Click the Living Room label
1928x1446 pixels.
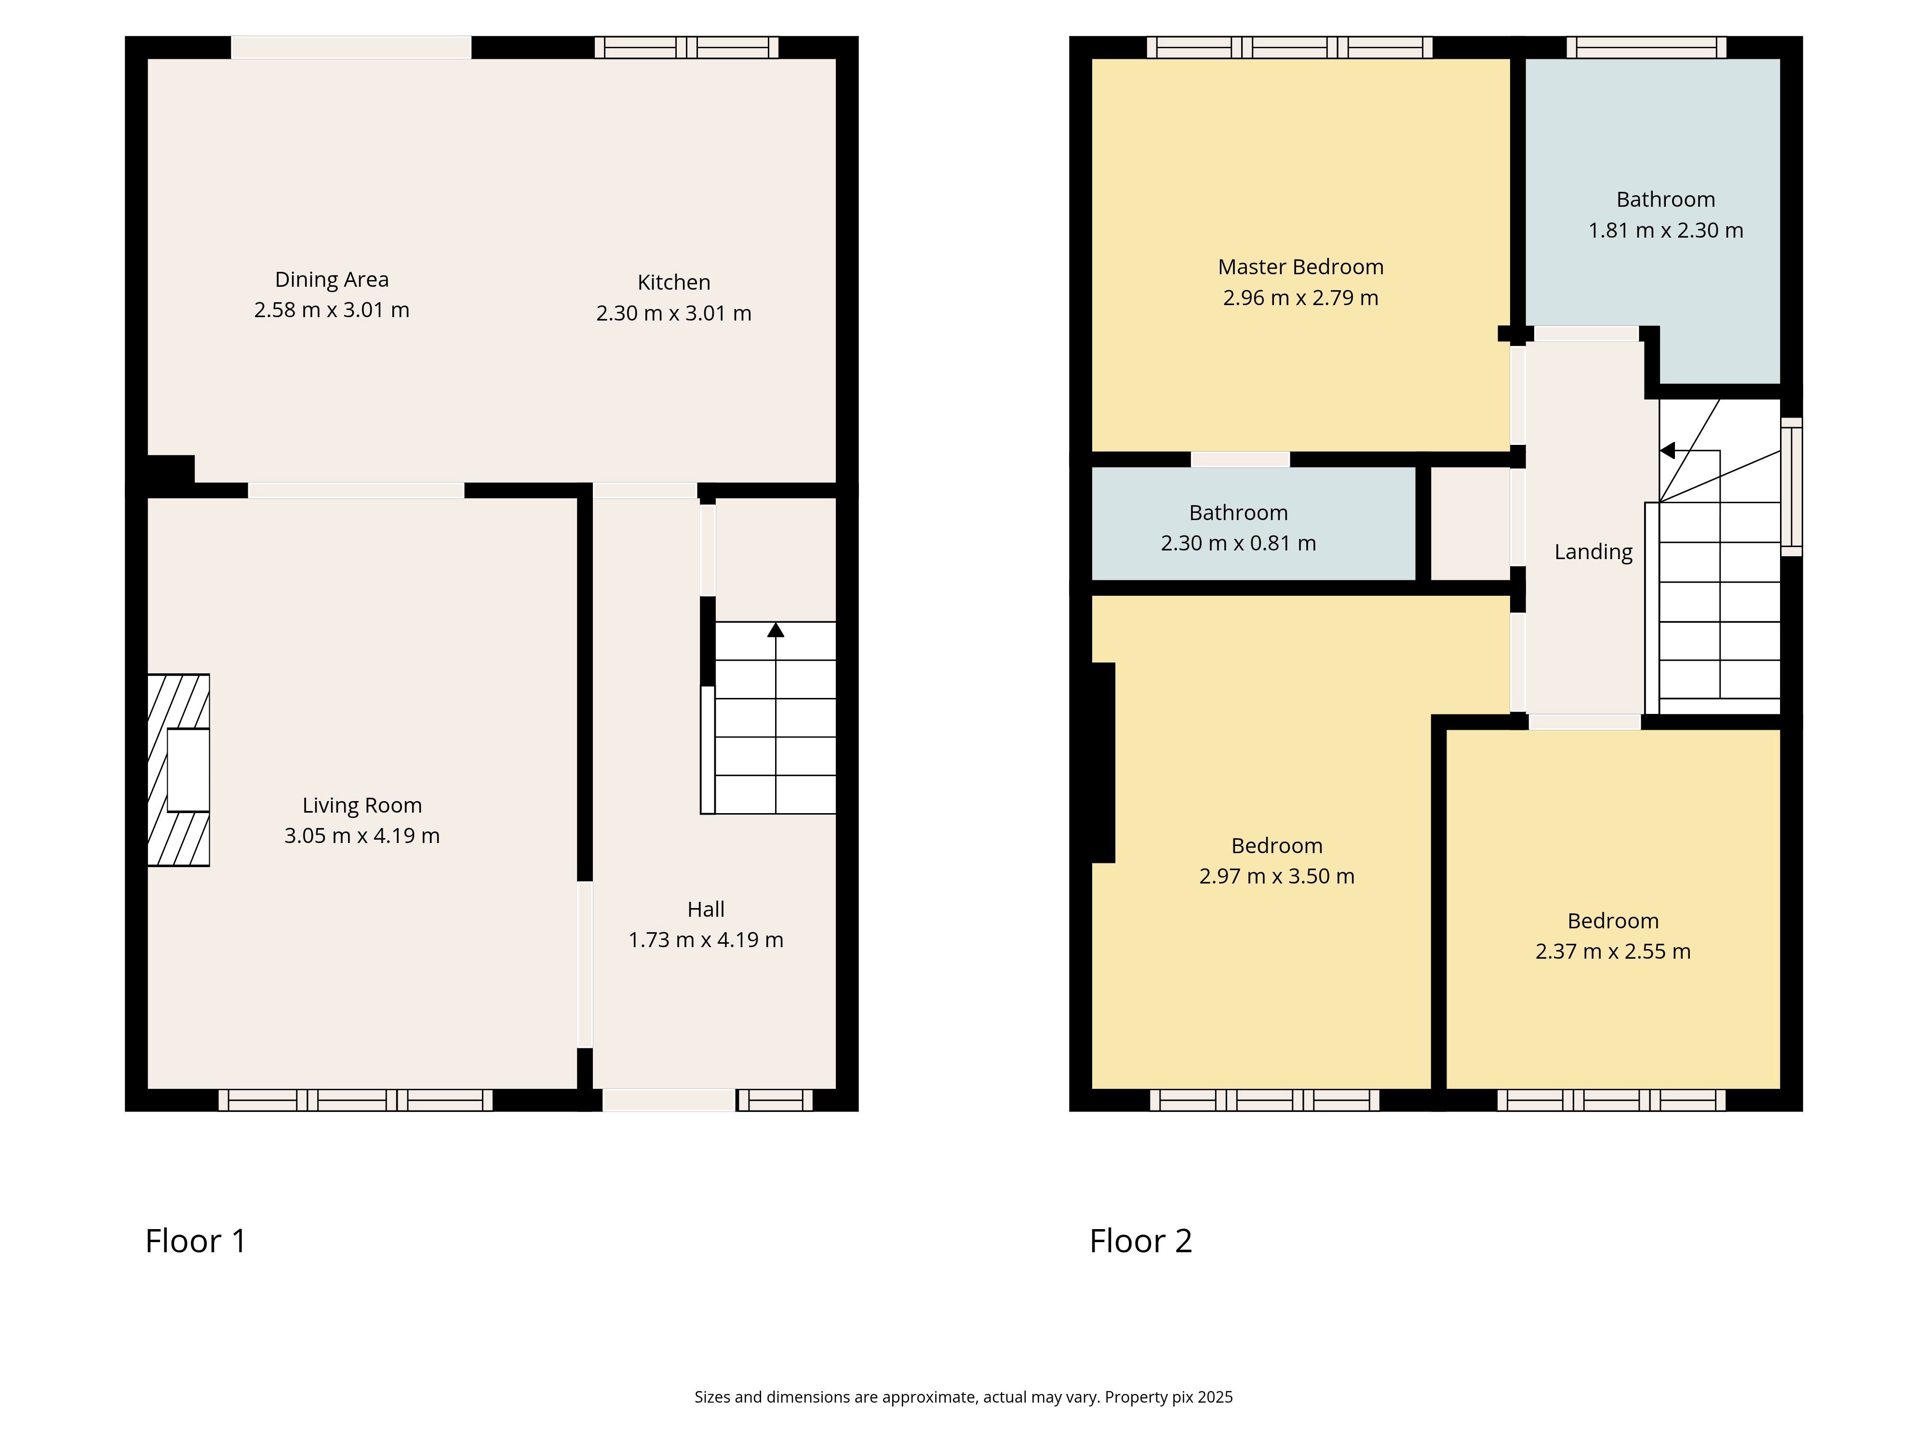pos(361,805)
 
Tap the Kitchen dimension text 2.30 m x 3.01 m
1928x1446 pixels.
pos(674,313)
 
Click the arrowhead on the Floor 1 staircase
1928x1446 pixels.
pos(775,629)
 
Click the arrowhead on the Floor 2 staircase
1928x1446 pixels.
pos(1667,451)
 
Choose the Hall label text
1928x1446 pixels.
pos(706,909)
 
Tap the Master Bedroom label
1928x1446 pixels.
pos(1300,267)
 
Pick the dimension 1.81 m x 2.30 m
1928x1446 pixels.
pos(1666,230)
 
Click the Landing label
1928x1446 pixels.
pos(1593,552)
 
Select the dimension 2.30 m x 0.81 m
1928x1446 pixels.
pos(1239,543)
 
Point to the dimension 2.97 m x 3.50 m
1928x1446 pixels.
pos(1277,876)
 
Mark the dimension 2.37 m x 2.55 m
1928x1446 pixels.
pos(1613,951)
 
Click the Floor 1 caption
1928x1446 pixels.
pos(196,1240)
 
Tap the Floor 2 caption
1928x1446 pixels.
pos(1141,1240)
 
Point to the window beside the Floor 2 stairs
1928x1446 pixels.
pos(1791,486)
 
